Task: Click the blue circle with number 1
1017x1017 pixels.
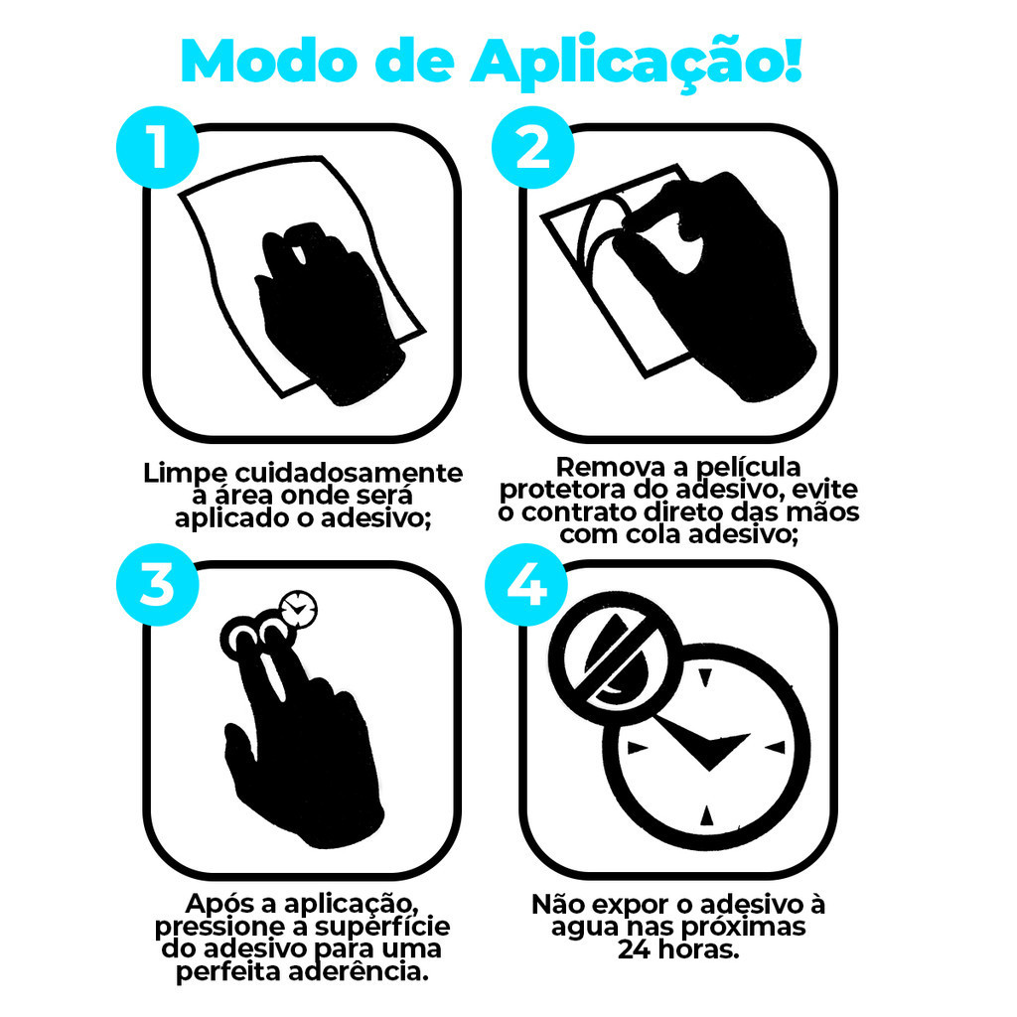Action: pyautogui.click(x=158, y=147)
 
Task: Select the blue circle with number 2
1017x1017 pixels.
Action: pyautogui.click(x=532, y=147)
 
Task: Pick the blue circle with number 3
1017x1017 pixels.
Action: pyautogui.click(x=158, y=584)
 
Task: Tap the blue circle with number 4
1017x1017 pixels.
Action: pyautogui.click(x=526, y=584)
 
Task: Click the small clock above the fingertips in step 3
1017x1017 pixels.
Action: pyautogui.click(x=298, y=610)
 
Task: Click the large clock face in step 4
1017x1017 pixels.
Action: pyautogui.click(x=706, y=747)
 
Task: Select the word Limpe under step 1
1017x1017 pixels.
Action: pyautogui.click(x=185, y=474)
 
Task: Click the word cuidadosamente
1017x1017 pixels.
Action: pyautogui.click(x=349, y=473)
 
